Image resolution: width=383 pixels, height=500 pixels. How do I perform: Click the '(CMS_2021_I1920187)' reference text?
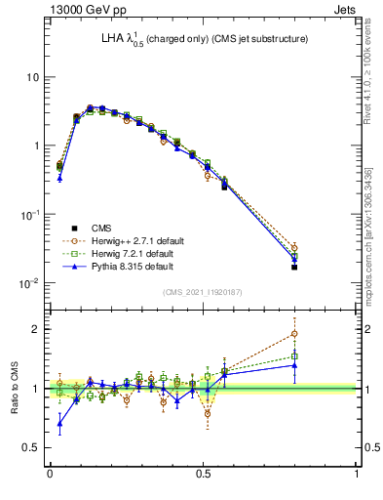204,292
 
